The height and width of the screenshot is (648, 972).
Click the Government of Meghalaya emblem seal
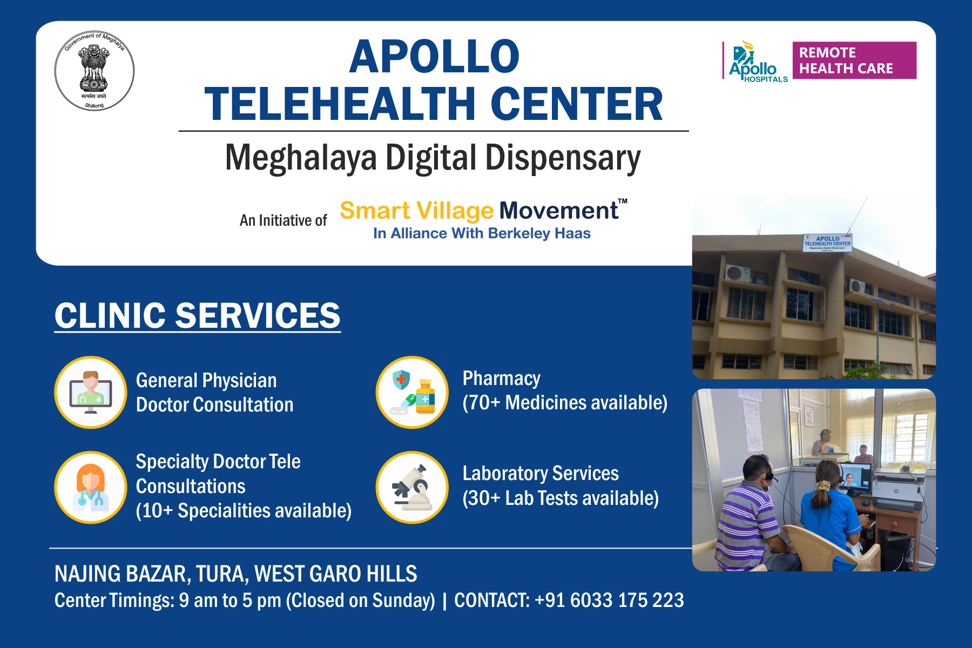94,71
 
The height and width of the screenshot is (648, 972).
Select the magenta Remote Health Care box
854,60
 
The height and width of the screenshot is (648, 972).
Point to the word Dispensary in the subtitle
562,158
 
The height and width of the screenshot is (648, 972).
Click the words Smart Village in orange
416,211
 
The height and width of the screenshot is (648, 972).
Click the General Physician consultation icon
91,392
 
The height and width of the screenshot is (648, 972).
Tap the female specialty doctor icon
91,487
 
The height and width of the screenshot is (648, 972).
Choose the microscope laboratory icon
412,487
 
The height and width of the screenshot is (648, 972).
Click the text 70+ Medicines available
565,403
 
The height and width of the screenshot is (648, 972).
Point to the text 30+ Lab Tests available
561,498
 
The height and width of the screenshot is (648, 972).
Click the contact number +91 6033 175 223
609,600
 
